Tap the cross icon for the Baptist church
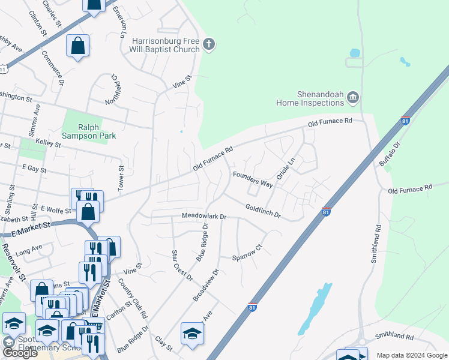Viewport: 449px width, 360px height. [x=209, y=44]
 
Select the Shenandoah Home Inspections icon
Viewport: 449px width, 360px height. [x=353, y=97]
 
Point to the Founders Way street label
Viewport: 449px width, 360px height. [x=253, y=179]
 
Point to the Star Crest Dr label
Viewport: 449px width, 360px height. [x=182, y=265]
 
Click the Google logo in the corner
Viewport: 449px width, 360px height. [x=20, y=353]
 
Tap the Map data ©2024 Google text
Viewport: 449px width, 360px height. [x=411, y=355]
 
